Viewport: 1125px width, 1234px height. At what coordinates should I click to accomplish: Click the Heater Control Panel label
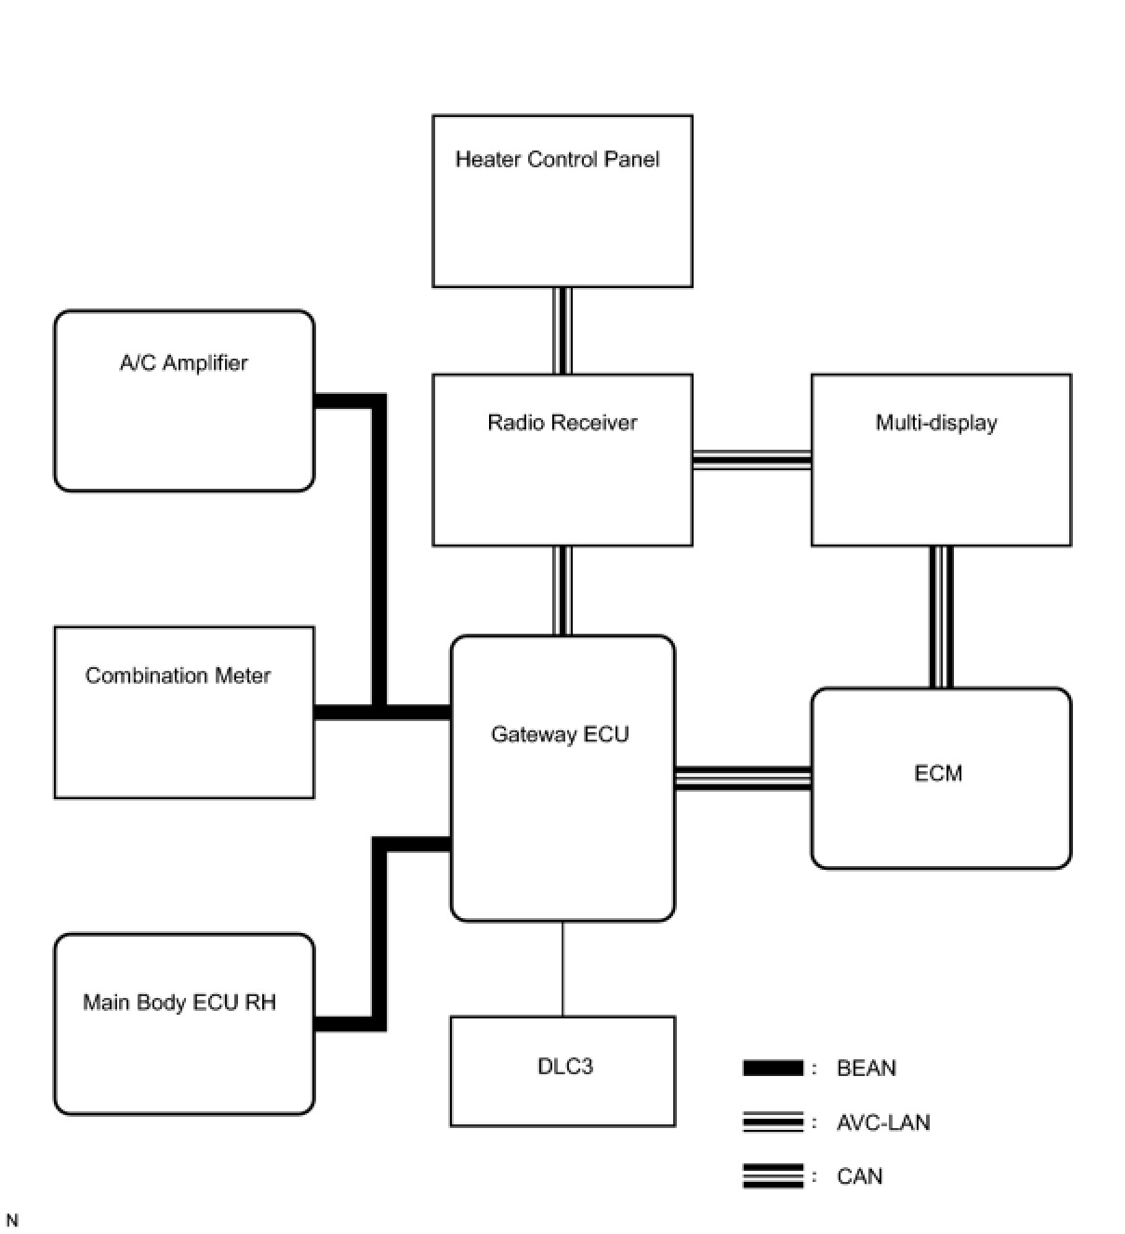(x=557, y=160)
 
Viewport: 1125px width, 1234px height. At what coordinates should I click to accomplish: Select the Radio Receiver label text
(x=562, y=423)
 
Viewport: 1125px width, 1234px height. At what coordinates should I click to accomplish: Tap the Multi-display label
(x=936, y=423)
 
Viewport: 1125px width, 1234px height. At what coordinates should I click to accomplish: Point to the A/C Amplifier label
(x=184, y=363)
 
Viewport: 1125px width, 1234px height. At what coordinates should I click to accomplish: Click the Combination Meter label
(x=178, y=676)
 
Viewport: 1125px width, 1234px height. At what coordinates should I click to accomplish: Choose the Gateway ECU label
(x=560, y=735)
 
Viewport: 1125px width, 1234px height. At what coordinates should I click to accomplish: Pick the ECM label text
(x=938, y=773)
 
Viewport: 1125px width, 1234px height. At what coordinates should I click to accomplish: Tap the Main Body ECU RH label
(x=179, y=1003)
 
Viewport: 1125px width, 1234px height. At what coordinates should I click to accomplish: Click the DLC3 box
(x=563, y=1070)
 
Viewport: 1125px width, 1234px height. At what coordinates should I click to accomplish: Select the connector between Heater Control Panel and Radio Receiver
(x=562, y=331)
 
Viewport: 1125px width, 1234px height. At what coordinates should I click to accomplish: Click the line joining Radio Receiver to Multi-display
(x=751, y=460)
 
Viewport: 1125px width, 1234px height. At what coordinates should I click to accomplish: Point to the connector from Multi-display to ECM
(x=942, y=617)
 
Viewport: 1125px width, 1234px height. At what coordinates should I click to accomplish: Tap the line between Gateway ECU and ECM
(x=743, y=778)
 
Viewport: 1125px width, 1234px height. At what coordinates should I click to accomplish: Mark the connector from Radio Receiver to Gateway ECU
(x=562, y=591)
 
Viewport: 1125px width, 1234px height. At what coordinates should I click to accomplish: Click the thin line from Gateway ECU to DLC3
(x=562, y=969)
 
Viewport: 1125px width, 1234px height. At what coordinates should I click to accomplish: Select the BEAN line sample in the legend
(x=773, y=1069)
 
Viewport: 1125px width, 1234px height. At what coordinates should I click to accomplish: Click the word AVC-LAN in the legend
(x=883, y=1122)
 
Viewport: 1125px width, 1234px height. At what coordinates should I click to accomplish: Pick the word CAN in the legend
(x=860, y=1176)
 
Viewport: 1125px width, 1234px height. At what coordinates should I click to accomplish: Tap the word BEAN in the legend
(x=867, y=1069)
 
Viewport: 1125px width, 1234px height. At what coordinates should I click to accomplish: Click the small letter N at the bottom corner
(x=12, y=1220)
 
